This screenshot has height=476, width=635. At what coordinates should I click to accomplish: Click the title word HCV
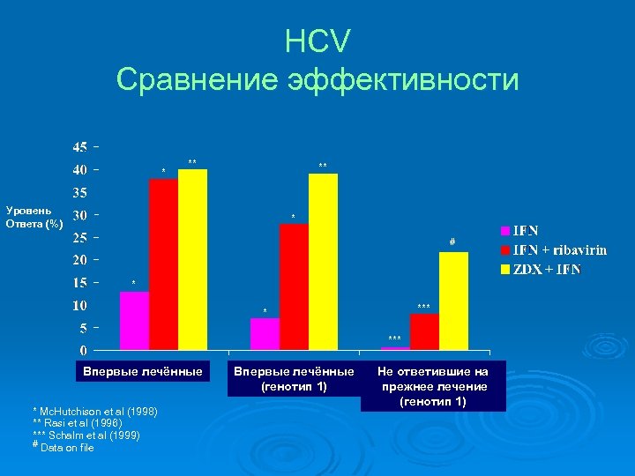tap(317, 41)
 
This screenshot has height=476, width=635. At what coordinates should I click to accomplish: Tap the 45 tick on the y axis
tap(79, 146)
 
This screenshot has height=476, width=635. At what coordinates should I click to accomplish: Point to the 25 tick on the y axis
tap(79, 237)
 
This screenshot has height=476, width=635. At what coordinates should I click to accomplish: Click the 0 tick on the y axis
tap(83, 351)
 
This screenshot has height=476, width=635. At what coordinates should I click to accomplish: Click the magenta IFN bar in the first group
tap(134, 321)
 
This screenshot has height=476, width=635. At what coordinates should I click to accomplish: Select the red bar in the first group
tap(163, 264)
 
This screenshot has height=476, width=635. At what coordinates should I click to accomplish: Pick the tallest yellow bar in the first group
tap(192, 260)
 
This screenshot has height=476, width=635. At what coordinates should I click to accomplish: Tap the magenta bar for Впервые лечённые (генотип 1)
tap(265, 334)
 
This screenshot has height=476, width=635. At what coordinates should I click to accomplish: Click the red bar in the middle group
tap(294, 286)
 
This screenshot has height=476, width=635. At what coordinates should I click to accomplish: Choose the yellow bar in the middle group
tap(323, 262)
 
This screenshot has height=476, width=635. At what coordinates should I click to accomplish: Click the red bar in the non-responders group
tap(424, 331)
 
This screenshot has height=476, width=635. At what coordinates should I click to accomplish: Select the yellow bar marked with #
tap(453, 301)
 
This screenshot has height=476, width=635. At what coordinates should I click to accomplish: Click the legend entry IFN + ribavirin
tap(560, 249)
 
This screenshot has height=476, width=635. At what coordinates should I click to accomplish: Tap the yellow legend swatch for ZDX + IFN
tap(505, 269)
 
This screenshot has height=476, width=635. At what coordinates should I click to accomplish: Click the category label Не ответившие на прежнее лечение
tap(433, 387)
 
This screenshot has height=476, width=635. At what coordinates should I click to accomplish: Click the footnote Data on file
tap(67, 448)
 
